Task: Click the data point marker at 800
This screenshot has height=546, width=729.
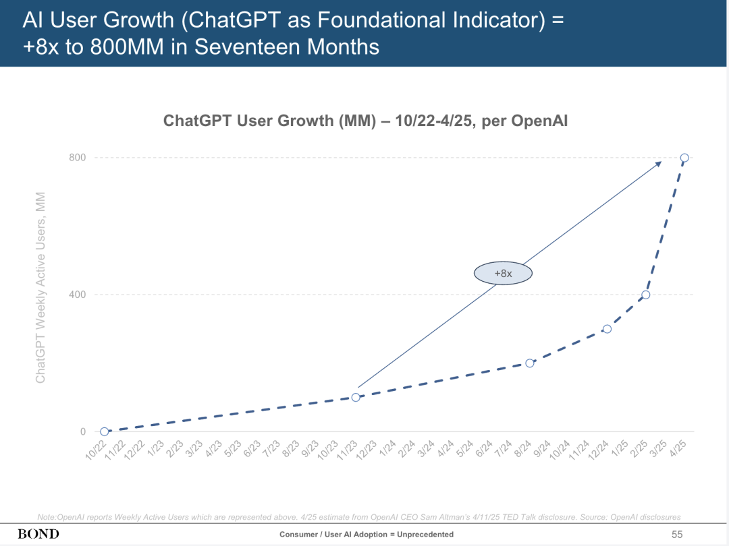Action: (684, 158)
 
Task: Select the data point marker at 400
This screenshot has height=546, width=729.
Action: (646, 295)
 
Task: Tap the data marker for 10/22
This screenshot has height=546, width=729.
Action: (104, 431)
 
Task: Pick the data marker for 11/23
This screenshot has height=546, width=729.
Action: (356, 397)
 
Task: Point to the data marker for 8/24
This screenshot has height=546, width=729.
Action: (530, 363)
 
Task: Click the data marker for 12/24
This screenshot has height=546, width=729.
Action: (607, 329)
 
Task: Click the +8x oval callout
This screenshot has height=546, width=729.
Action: (503, 274)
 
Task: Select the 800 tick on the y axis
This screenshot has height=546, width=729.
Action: (77, 158)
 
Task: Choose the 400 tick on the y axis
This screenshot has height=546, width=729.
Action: (77, 295)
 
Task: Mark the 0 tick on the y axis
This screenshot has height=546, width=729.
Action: (83, 431)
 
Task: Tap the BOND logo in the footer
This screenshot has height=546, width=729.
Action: (38, 534)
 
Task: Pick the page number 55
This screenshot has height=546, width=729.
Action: (677, 535)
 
